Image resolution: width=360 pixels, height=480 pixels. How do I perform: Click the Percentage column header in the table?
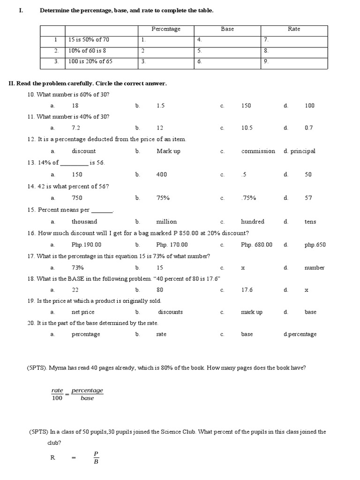tap(166, 29)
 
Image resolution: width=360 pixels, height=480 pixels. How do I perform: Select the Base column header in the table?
tap(227, 29)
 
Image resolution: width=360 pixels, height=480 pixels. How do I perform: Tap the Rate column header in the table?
tap(294, 29)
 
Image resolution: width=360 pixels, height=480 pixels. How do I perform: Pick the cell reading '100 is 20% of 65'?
tap(90, 61)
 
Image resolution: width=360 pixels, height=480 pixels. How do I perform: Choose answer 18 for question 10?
tap(75, 105)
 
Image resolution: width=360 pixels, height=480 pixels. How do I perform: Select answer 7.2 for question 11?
tap(76, 127)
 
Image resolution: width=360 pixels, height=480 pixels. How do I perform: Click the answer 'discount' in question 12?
tap(83, 151)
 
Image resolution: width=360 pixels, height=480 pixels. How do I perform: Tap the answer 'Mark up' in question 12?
tap(168, 151)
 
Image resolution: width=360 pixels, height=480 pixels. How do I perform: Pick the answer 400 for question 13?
tap(162, 174)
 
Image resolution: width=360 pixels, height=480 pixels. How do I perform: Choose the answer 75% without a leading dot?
tap(163, 198)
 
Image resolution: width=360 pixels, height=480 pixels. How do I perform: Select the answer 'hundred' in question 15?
tap(253, 221)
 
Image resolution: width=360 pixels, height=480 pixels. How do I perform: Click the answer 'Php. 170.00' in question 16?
tap(172, 245)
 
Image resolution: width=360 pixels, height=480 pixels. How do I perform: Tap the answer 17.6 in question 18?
tap(247, 290)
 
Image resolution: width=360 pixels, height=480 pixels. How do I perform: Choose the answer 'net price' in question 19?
tap(83, 312)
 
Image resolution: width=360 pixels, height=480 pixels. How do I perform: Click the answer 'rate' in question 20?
tap(161, 334)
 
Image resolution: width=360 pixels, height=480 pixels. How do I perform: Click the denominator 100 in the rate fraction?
tap(57, 398)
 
